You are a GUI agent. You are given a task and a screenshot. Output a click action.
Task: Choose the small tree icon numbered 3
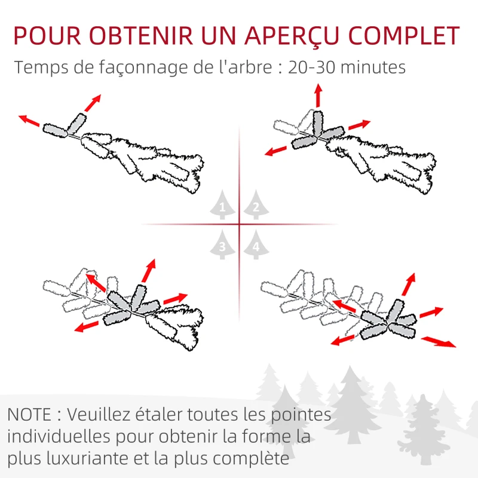coord(222,246)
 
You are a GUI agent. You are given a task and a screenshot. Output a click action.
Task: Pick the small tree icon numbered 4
coord(256,246)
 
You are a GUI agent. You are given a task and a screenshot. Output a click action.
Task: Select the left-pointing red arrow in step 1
coord(29,120)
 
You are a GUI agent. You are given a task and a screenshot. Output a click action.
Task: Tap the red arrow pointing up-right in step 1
coord(92,103)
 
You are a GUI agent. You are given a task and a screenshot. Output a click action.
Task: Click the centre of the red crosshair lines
coord(239,225)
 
